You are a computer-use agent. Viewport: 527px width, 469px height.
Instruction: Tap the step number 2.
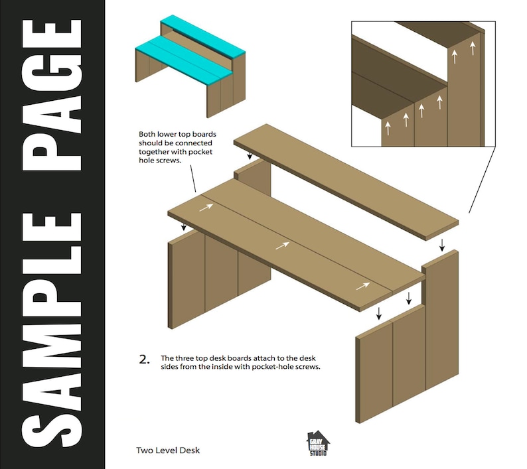tap(143, 360)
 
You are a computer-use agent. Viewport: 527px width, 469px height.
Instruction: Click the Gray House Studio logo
tap(317, 443)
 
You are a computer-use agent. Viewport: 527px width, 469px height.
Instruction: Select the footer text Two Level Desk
tap(167, 450)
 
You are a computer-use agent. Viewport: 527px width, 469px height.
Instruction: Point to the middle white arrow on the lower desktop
tap(283, 245)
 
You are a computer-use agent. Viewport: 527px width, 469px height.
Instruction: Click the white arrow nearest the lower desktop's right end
tap(362, 286)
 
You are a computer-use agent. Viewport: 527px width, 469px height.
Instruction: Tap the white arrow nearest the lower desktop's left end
tap(206, 208)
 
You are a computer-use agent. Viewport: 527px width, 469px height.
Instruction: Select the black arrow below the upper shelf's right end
tap(442, 245)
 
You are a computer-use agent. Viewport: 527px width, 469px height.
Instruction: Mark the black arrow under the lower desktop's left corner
tap(184, 227)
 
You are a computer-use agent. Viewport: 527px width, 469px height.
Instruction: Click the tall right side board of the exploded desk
tap(441, 318)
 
